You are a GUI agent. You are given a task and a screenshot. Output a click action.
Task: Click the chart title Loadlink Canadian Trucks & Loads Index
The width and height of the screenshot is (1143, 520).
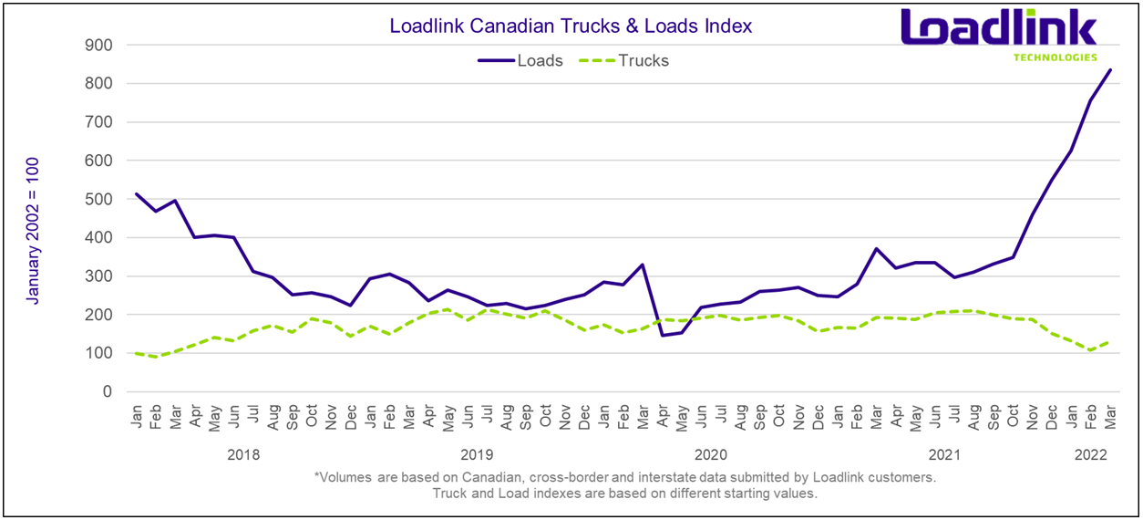(571, 26)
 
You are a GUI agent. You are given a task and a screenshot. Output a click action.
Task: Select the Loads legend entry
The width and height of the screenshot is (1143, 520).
(540, 61)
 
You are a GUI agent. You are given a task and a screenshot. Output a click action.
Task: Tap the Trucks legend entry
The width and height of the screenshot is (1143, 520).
(644, 61)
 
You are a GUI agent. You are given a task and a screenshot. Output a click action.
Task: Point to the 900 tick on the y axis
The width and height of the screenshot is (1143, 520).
(98, 45)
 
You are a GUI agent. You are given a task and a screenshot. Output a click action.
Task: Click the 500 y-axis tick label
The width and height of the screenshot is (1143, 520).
(98, 199)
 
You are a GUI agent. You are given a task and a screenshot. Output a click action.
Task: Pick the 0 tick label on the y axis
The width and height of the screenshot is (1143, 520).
(107, 392)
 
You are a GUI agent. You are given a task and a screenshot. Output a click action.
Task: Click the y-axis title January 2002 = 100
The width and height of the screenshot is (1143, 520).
(33, 230)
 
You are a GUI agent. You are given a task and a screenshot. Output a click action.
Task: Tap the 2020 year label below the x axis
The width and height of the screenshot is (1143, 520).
(711, 453)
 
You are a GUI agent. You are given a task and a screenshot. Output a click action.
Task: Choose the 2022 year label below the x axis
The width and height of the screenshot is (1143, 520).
(1090, 453)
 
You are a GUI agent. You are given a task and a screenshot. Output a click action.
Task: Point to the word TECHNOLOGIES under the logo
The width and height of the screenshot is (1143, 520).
(1055, 57)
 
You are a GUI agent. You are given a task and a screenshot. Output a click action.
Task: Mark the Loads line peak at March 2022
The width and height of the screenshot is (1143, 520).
(1109, 69)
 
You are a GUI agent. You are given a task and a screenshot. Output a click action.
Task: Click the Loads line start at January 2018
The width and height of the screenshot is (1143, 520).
(136, 193)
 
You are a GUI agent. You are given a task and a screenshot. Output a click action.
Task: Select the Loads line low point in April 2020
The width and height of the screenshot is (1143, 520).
(662, 335)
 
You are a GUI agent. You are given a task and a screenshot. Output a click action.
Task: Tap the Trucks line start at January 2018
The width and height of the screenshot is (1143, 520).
(136, 353)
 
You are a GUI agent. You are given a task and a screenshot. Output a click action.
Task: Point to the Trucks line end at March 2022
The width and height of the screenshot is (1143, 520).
(1109, 342)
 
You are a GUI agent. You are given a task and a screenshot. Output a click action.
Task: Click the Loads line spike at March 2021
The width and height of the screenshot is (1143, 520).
(876, 248)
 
